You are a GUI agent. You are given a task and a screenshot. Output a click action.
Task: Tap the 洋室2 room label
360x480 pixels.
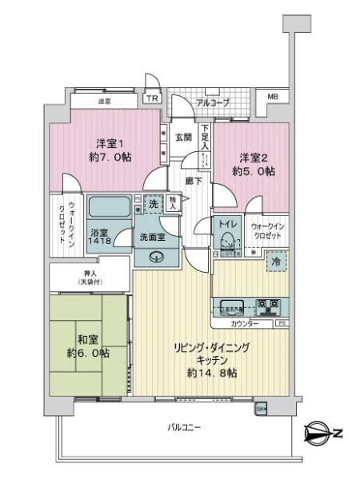249,158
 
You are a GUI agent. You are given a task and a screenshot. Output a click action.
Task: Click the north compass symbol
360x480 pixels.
322,434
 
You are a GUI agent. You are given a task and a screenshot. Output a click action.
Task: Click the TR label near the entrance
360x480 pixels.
151,98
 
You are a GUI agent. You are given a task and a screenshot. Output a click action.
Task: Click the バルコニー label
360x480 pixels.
183,426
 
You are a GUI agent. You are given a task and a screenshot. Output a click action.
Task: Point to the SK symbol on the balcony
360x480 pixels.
260,410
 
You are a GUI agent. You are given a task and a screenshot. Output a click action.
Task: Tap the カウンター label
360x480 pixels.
243,323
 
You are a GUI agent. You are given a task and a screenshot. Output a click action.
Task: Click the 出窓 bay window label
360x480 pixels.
104,102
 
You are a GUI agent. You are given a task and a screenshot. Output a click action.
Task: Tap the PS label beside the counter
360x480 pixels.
281,323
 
